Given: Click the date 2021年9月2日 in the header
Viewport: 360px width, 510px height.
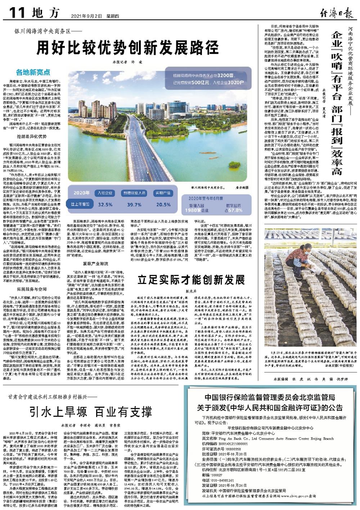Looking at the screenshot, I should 84,16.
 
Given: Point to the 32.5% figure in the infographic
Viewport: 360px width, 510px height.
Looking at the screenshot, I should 105,204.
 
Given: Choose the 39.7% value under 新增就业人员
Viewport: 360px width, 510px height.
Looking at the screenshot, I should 134,204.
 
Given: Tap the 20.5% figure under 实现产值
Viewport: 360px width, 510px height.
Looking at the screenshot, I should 163,204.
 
